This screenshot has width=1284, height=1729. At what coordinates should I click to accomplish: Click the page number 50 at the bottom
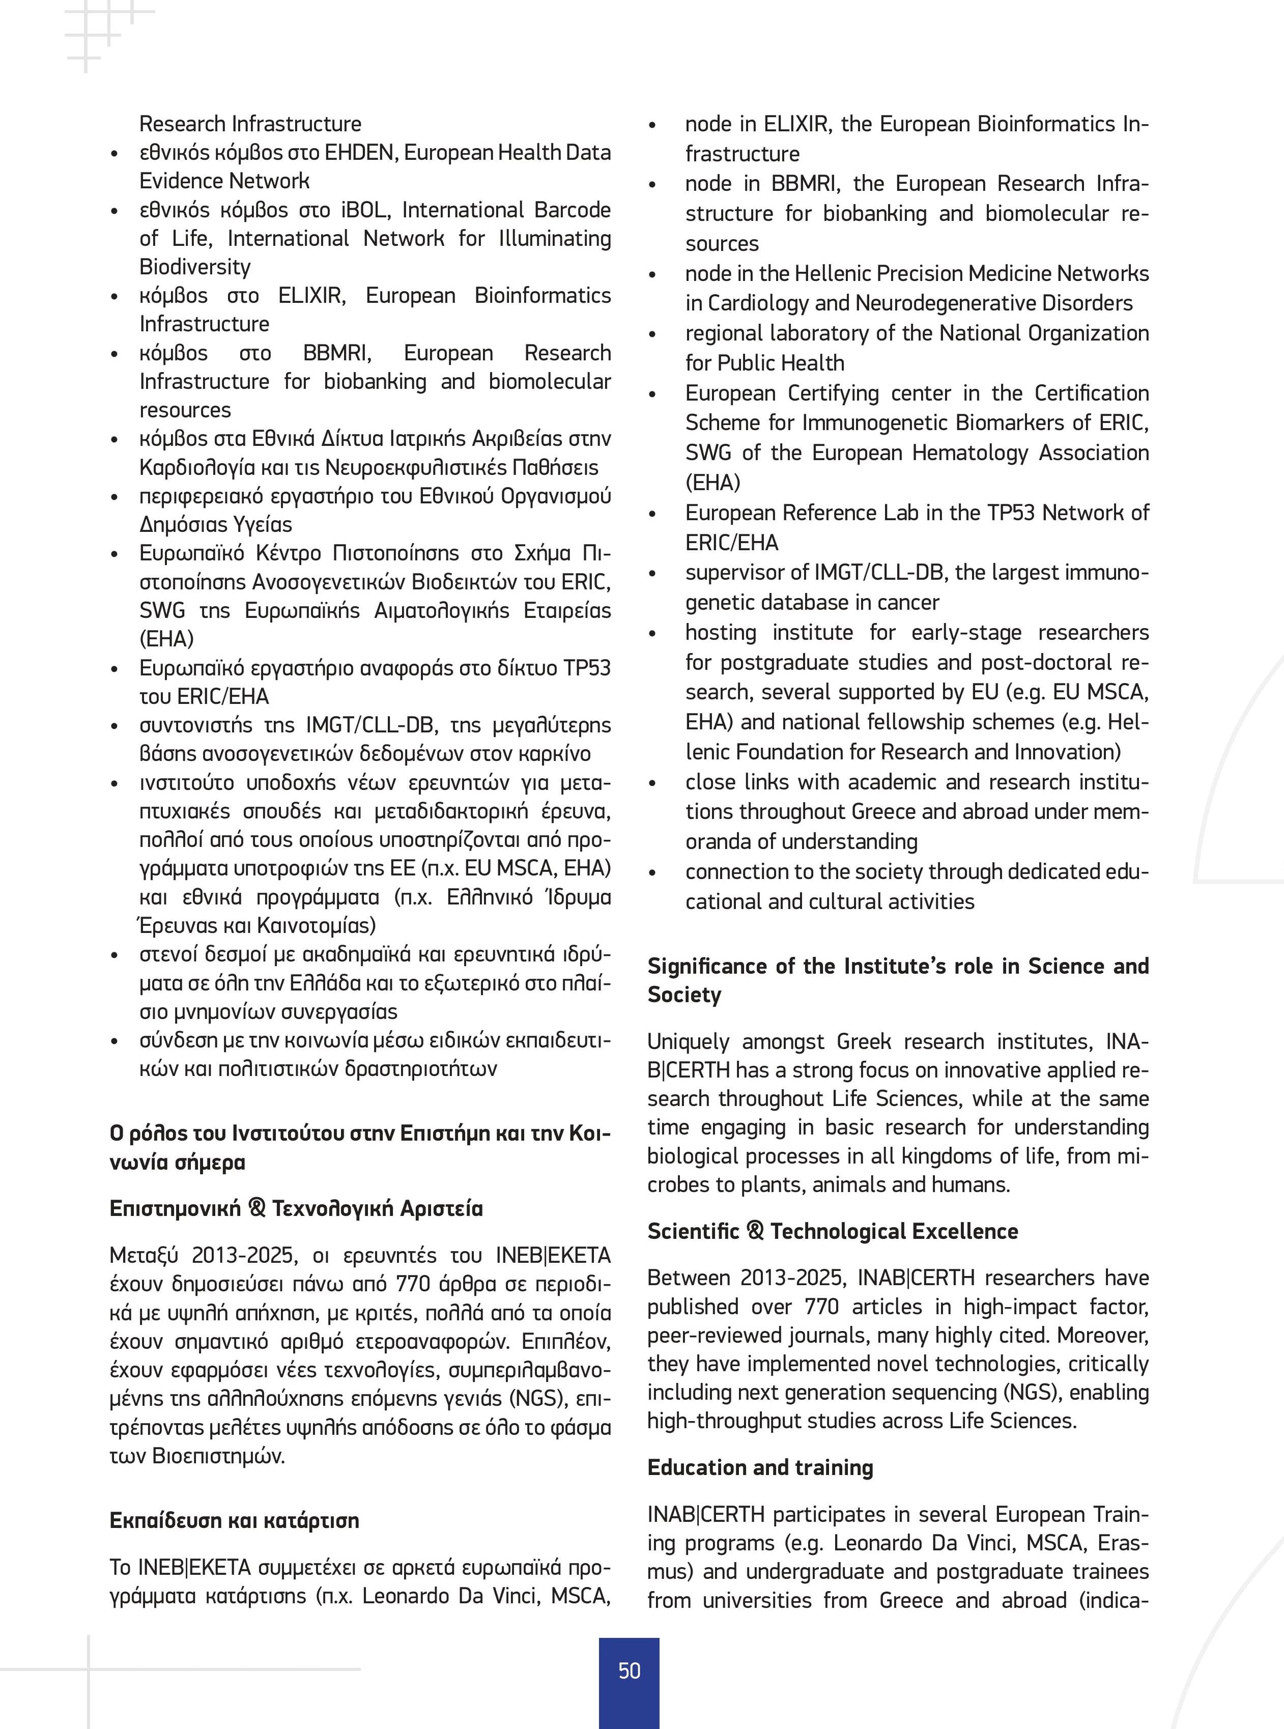pyautogui.click(x=629, y=1670)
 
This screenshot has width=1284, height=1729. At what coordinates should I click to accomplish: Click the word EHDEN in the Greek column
pyautogui.click(x=360, y=152)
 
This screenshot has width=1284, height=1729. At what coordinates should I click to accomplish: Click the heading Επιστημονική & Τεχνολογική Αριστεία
pyautogui.click(x=296, y=1208)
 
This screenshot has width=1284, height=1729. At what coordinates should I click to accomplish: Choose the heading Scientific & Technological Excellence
pyautogui.click(x=833, y=1231)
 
